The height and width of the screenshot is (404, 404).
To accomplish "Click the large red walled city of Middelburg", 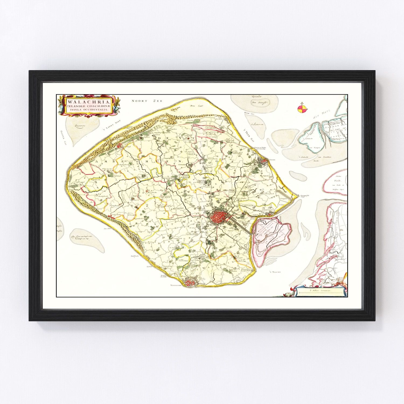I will pyautogui.click(x=218, y=216).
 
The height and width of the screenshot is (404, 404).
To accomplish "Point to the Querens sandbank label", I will pyautogui.click(x=76, y=125).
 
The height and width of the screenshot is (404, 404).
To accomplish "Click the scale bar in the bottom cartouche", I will pyautogui.click(x=319, y=291).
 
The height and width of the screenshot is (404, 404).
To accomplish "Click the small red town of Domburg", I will pyautogui.click(x=119, y=146).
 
